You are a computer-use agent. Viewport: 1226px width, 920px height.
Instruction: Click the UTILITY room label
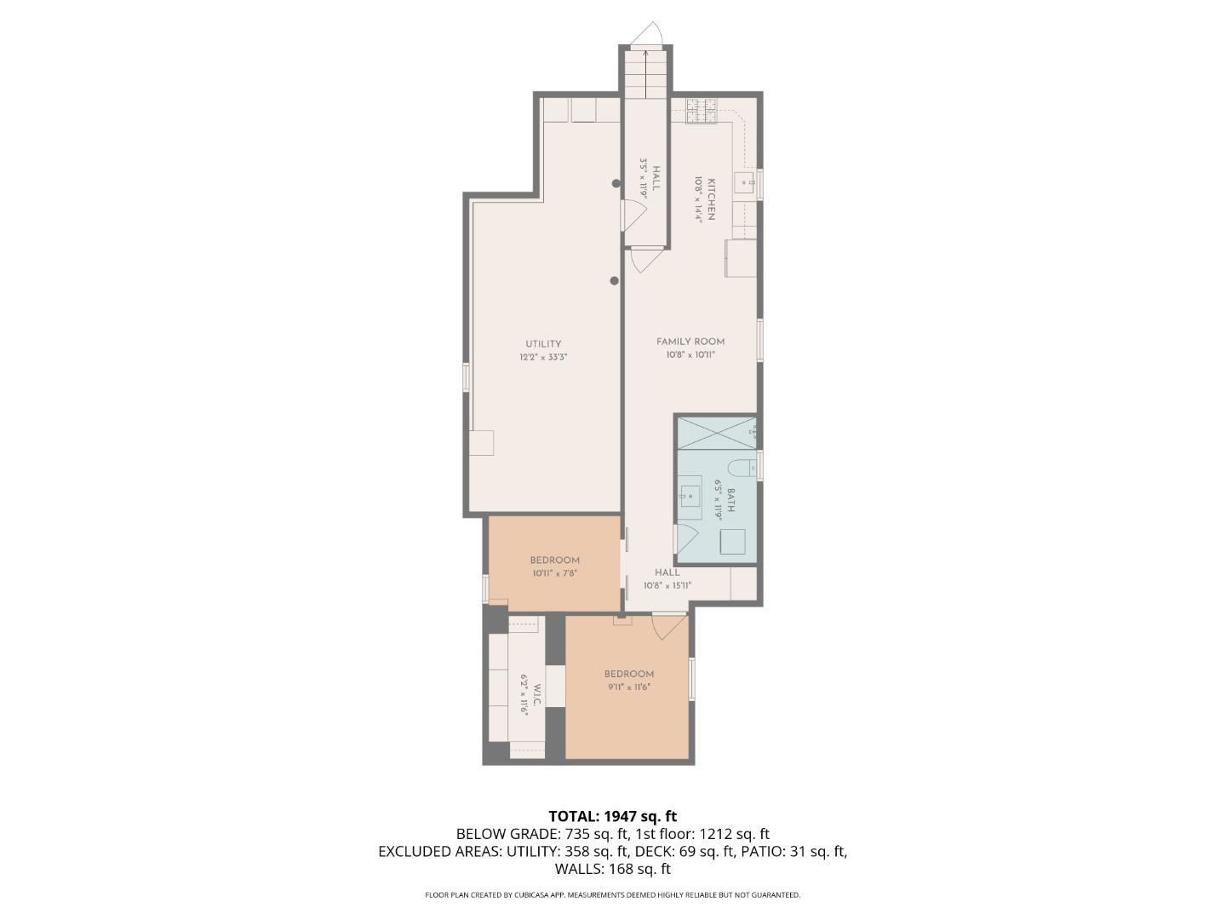point(543,344)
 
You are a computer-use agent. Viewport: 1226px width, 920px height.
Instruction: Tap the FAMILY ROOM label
point(690,342)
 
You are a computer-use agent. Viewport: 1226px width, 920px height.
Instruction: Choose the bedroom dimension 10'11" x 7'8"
point(555,573)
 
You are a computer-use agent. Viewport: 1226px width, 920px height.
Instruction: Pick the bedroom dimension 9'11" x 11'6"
point(629,687)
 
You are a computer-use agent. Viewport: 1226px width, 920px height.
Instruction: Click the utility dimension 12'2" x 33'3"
point(543,358)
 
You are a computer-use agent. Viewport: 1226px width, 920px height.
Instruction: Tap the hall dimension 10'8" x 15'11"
point(667,585)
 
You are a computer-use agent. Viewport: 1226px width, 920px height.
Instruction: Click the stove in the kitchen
point(702,110)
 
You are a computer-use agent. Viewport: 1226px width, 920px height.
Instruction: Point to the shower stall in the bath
point(715,432)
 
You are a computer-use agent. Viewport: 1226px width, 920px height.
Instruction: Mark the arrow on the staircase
point(645,72)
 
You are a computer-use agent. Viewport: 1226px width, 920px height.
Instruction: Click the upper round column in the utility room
point(616,183)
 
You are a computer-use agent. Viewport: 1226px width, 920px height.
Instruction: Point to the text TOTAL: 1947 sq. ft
point(612,816)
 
